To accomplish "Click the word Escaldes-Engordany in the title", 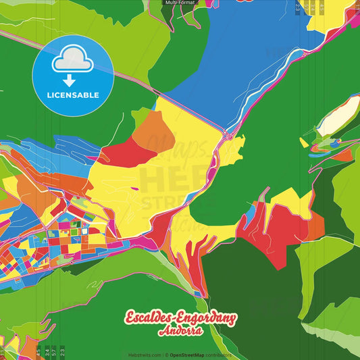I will [180, 317].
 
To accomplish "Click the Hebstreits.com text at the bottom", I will [144, 355].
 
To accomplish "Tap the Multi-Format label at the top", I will [180, 3].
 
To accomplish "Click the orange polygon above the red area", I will [155, 130].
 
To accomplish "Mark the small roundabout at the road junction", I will [229, 136].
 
